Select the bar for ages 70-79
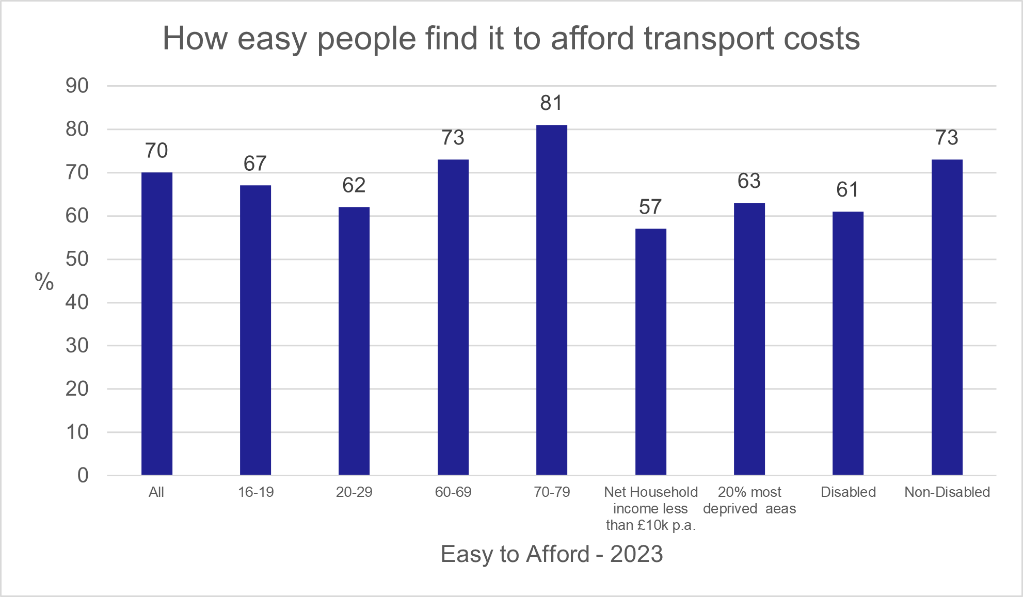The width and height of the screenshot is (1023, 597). click(551, 299)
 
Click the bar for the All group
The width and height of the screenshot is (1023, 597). click(156, 324)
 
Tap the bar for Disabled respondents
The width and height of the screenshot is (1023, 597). click(848, 343)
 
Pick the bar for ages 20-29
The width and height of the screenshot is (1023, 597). click(354, 341)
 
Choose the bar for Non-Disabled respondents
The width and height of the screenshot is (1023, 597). click(947, 317)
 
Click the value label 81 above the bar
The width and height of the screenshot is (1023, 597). click(551, 103)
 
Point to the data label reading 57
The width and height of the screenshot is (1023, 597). click(650, 207)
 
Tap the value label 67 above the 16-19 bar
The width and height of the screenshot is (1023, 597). click(255, 164)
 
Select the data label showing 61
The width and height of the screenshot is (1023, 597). click(848, 190)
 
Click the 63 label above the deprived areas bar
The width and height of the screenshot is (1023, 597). click(749, 181)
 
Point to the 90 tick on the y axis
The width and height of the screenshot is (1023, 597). click(77, 86)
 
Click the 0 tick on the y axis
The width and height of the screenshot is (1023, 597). click(83, 475)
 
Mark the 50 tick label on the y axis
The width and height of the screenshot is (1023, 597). click(77, 259)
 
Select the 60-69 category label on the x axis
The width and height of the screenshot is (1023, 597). click(453, 492)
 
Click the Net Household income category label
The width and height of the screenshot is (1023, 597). click(650, 508)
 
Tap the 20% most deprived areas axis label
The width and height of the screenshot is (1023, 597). click(749, 500)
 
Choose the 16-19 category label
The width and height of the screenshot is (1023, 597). click(255, 492)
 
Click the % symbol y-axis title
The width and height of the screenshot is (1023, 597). click(44, 282)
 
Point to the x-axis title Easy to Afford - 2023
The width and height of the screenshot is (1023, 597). click(551, 554)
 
